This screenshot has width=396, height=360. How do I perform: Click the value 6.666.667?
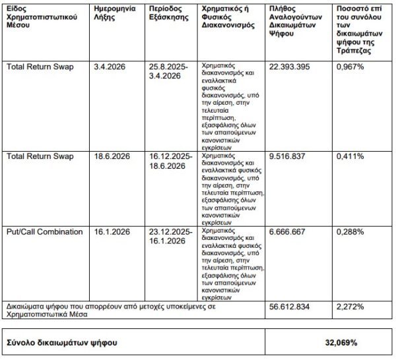point(286,232)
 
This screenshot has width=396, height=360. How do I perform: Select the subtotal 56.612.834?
point(288,307)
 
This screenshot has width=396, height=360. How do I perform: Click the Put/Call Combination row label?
point(45,232)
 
